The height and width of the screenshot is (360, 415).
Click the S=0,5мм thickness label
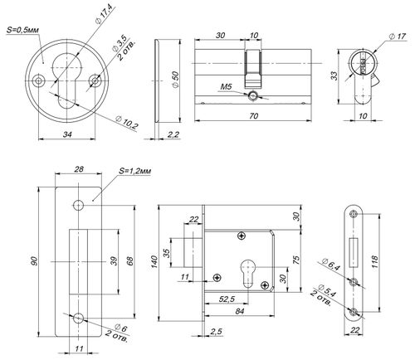[22, 30]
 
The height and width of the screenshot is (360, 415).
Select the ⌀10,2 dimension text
[127, 123]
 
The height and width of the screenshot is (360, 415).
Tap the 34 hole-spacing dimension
[67, 134]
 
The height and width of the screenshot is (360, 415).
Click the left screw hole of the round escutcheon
[38, 80]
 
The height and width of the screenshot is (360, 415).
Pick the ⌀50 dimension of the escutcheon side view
[175, 80]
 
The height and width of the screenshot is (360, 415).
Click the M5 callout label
[226, 87]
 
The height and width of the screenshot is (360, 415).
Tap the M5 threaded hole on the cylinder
[253, 95]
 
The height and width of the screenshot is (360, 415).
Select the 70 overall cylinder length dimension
[253, 115]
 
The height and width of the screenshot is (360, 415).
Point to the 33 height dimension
[334, 75]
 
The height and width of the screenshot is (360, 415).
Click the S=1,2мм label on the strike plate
[135, 171]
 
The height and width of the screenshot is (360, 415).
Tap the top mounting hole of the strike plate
[78, 205]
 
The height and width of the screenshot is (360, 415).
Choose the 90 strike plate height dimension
[34, 261]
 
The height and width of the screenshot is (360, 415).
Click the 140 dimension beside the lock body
[154, 261]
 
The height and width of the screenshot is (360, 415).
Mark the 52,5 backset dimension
[227, 299]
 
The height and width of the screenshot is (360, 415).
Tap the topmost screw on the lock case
[242, 236]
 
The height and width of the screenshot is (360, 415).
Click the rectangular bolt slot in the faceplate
[354, 252]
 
